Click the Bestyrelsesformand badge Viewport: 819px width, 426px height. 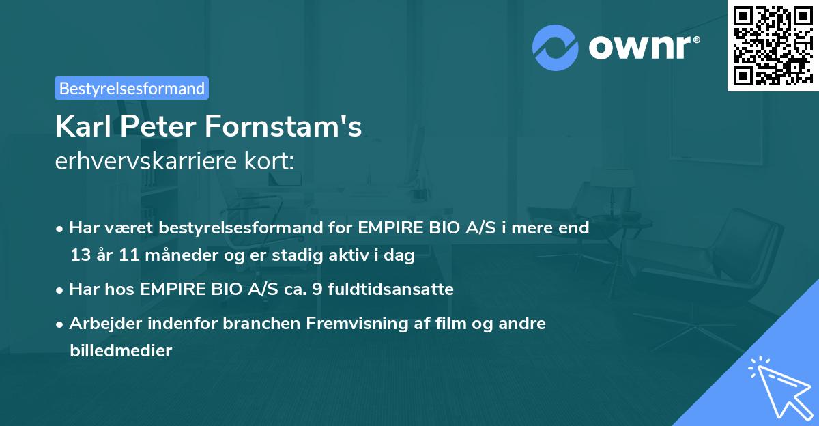[132, 88]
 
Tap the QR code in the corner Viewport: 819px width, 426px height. [773, 46]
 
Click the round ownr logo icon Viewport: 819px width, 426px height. [556, 48]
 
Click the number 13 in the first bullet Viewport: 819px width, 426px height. [80, 256]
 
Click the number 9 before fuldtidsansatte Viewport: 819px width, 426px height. [316, 289]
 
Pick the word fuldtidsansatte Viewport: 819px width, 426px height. [390, 289]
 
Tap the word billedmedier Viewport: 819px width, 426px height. [121, 351]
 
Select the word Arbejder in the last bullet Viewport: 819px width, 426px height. [102, 324]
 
